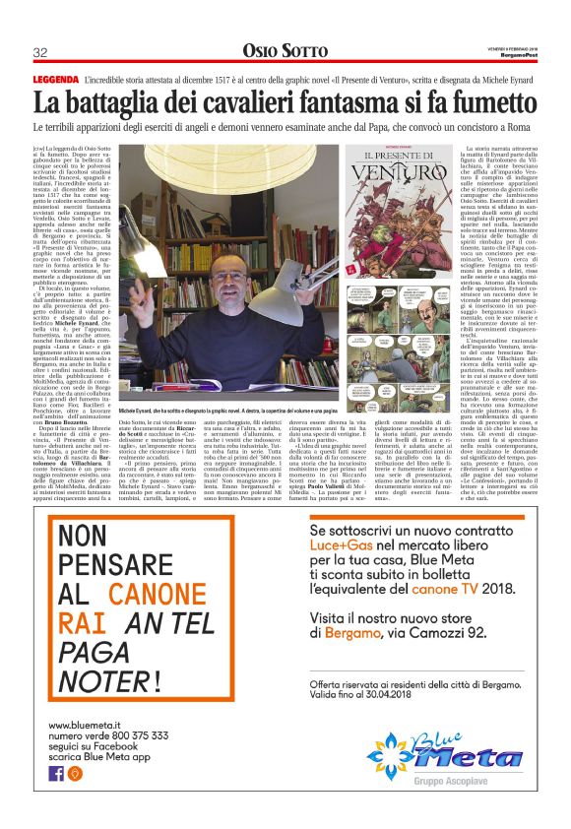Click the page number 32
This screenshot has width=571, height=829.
40,52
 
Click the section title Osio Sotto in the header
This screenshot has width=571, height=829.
285,51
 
